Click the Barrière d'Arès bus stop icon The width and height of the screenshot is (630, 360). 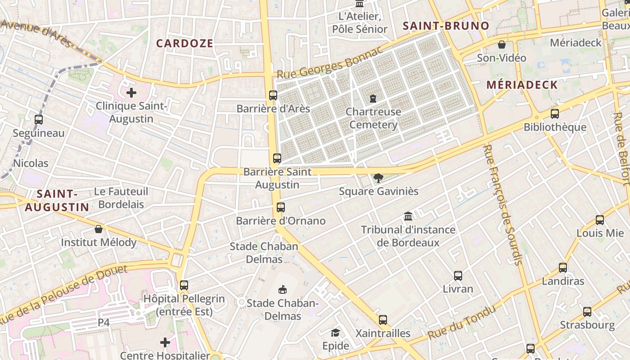[273, 95]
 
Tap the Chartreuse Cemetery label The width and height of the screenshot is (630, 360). [373, 118]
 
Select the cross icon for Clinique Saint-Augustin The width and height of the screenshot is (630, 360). [131, 93]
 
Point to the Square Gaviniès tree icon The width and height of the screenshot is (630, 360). [378, 178]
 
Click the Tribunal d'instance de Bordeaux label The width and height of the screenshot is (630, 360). [408, 236]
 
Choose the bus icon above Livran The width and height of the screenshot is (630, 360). [458, 276]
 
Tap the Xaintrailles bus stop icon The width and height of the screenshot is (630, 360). [383, 320]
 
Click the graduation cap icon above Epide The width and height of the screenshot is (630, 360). [335, 333]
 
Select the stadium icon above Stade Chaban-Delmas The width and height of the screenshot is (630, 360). [283, 289]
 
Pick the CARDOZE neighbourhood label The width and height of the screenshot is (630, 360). [184, 44]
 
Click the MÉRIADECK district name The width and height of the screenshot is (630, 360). [522, 85]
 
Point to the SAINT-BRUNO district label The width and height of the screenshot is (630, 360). [445, 26]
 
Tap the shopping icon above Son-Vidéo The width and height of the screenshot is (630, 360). [502, 45]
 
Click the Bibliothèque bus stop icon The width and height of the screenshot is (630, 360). [555, 114]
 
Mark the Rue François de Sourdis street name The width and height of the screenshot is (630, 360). [503, 205]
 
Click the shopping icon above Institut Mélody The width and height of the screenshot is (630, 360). [99, 229]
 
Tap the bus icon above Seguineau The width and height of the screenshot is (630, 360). [39, 120]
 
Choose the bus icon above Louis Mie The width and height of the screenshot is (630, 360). [600, 220]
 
